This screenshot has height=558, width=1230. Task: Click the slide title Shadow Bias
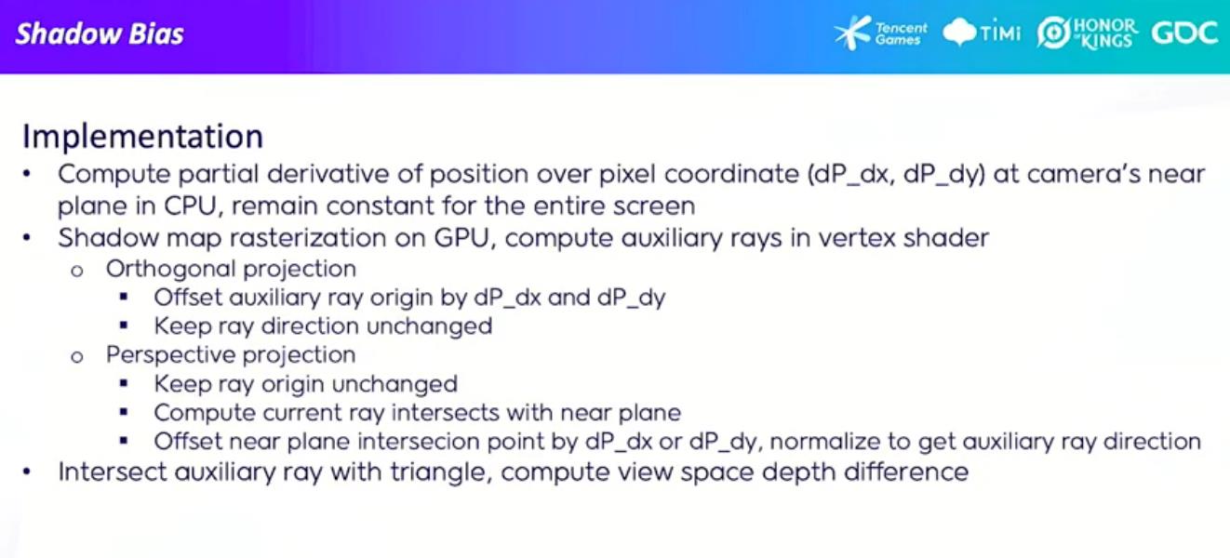pyautogui.click(x=100, y=34)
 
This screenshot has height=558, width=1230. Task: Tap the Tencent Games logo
pyautogui.click(x=880, y=33)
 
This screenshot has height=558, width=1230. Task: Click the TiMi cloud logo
pyautogui.click(x=982, y=33)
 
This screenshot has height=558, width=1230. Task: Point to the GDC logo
pyautogui.click(x=1184, y=33)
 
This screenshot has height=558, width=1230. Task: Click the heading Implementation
pyautogui.click(x=142, y=136)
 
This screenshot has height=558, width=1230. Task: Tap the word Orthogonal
pyautogui.click(x=170, y=270)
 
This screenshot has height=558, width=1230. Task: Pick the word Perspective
pyautogui.click(x=170, y=355)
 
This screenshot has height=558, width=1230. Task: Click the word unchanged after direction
pyautogui.click(x=430, y=326)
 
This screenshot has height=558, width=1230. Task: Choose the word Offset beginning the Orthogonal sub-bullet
pyautogui.click(x=187, y=298)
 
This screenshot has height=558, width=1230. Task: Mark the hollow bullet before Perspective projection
pyautogui.click(x=77, y=357)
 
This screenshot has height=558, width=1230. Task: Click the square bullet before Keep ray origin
pyautogui.click(x=124, y=383)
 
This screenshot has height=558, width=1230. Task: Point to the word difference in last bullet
pyautogui.click(x=906, y=472)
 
